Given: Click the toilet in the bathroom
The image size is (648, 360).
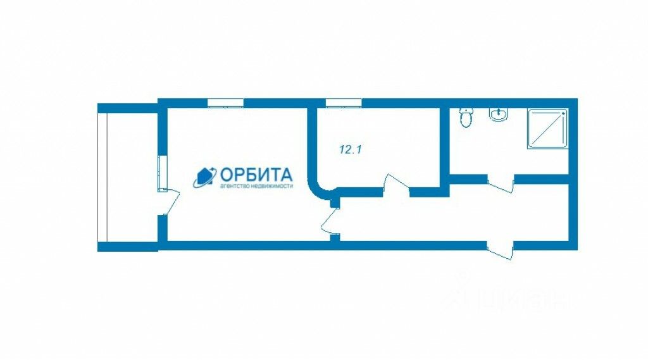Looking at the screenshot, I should coord(466,117).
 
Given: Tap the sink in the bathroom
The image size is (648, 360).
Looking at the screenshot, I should coord(499,115).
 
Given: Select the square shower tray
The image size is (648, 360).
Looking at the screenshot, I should coord(547,129).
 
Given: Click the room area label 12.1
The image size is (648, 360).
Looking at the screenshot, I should coord(350,150).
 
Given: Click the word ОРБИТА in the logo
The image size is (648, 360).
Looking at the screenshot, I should coord(256,174).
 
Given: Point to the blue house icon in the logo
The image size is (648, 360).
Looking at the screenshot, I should coord(204,178).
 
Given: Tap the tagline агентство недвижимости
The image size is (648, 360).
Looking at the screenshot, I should coord(256,187).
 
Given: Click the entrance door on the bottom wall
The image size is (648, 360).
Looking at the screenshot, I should coord(500,251).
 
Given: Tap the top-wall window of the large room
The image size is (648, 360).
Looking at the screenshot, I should coord(225,102).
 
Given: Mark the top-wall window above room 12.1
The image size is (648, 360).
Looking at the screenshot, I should coord(343,102).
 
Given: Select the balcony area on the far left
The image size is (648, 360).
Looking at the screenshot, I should coord(127,177).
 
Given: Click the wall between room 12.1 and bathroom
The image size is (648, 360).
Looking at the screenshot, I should coord(444,142).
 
